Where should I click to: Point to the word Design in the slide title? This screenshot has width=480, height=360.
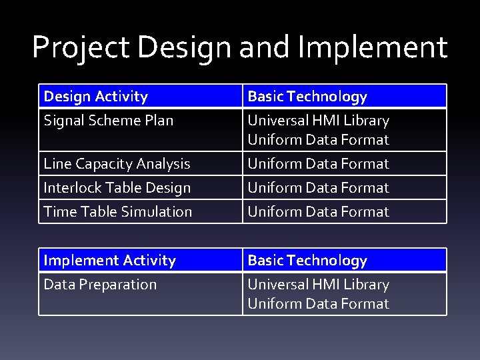(x=177, y=48)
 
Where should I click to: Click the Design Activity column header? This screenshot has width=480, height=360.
(x=95, y=97)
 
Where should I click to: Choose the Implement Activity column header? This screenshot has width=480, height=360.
(x=109, y=261)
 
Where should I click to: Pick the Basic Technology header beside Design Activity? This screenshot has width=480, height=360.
(x=307, y=97)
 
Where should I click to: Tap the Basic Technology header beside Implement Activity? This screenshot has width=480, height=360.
(x=307, y=261)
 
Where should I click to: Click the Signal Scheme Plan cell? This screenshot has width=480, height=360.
(x=108, y=121)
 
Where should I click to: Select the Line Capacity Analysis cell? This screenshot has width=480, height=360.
(x=117, y=163)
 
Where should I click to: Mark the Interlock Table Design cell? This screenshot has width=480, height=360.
(x=117, y=188)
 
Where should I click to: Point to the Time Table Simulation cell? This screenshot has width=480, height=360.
(x=117, y=212)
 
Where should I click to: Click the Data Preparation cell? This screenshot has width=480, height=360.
(x=100, y=285)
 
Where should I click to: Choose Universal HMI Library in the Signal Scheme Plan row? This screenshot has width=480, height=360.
(x=318, y=121)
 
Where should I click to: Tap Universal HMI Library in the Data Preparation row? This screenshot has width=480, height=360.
(x=318, y=285)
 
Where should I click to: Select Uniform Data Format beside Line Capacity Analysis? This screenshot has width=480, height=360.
(x=318, y=163)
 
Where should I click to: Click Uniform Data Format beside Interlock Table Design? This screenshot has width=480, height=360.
(x=318, y=188)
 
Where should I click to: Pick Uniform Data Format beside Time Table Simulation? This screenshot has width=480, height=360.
(x=318, y=212)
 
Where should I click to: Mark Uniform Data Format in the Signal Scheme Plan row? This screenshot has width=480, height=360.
(x=318, y=140)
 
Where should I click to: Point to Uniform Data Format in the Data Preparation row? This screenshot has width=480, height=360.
(x=318, y=304)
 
